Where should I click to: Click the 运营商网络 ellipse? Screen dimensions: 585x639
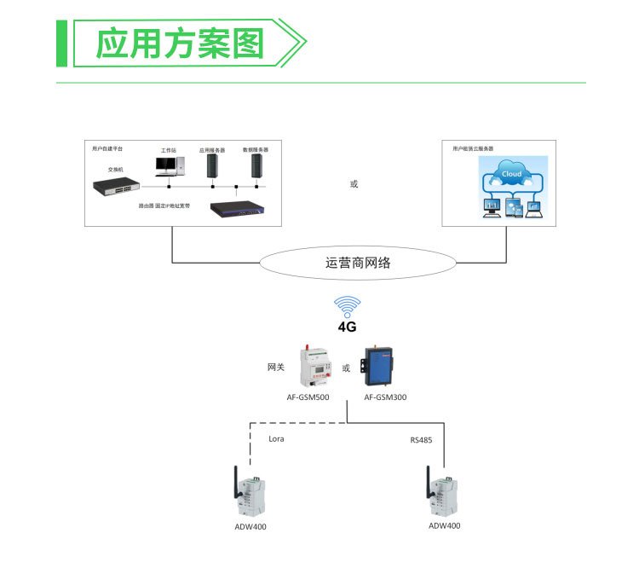pyautogui.click(x=358, y=264)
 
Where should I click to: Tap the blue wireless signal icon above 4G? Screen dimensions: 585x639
pyautogui.click(x=347, y=307)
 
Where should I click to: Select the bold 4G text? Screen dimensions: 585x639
pyautogui.click(x=347, y=327)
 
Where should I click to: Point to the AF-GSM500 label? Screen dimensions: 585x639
pyautogui.click(x=308, y=397)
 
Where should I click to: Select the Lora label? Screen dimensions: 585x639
pyautogui.click(x=276, y=438)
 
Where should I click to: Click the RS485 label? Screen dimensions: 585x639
pyautogui.click(x=421, y=440)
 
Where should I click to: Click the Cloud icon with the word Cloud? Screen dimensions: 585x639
pyautogui.click(x=511, y=174)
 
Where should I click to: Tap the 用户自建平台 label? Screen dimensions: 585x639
pyautogui.click(x=107, y=148)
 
